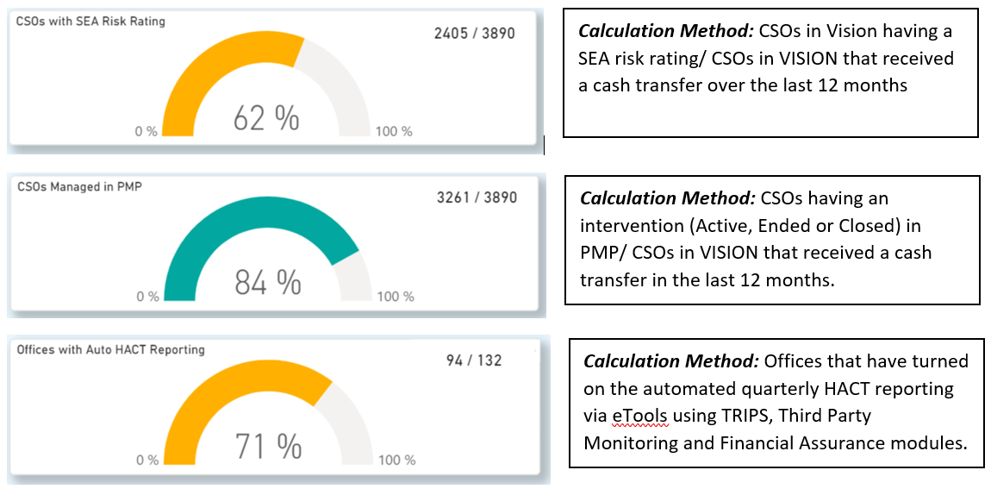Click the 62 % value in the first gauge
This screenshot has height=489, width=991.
click(266, 118)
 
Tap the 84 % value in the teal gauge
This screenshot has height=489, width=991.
click(267, 281)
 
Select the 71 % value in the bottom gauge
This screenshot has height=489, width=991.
click(268, 446)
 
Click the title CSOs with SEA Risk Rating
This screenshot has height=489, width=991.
click(90, 22)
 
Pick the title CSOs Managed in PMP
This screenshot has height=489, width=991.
click(79, 186)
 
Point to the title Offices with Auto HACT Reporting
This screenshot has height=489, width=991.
click(110, 349)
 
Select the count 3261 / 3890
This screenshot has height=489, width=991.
click(477, 197)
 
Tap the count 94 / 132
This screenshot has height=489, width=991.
click(473, 360)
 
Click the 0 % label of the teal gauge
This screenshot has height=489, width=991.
click(147, 297)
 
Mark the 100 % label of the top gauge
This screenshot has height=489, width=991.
click(393, 132)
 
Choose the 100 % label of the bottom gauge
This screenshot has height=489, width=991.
click(396, 461)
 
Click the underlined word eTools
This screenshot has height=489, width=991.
click(639, 415)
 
